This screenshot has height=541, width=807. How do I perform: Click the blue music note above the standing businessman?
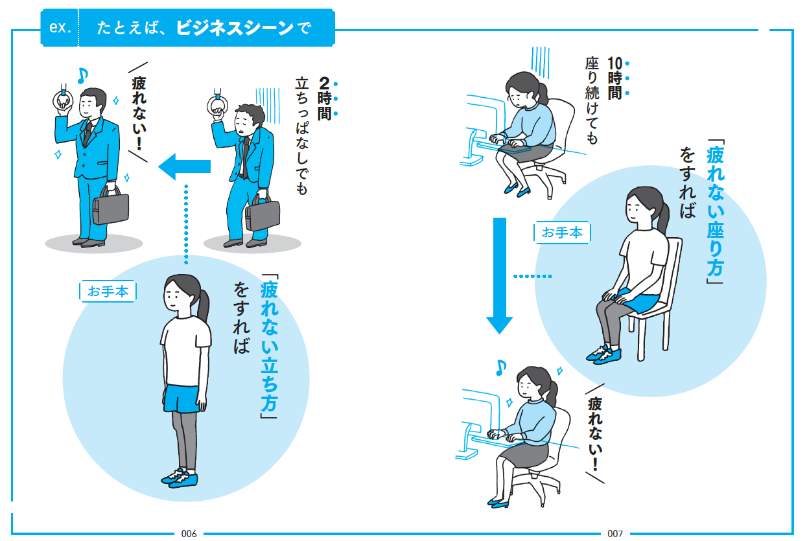pyautogui.click(x=82, y=75)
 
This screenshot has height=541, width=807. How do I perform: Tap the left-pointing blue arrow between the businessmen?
pyautogui.click(x=184, y=167)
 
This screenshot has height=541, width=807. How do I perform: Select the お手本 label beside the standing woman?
pyautogui.click(x=108, y=292)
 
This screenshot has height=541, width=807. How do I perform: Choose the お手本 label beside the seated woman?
pyautogui.click(x=561, y=232)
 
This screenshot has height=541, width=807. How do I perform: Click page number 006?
pyautogui.click(x=189, y=534)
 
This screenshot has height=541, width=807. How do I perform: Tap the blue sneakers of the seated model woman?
pyautogui.click(x=604, y=354)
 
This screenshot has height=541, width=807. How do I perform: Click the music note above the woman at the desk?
pyautogui.click(x=499, y=367)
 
